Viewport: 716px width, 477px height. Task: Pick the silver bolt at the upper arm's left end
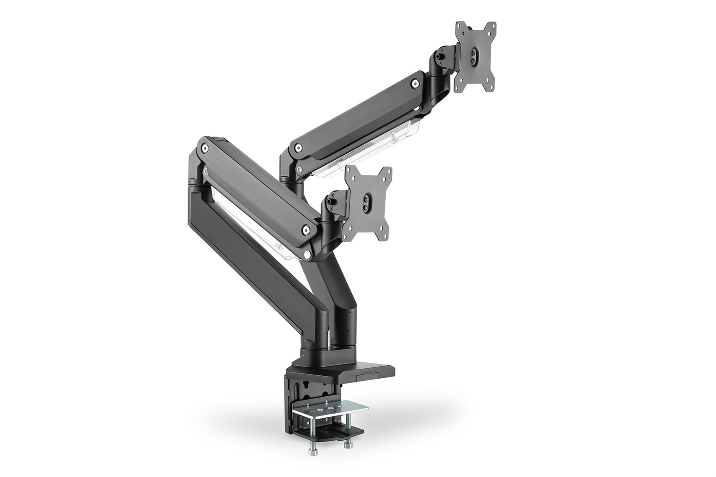coord(297,149)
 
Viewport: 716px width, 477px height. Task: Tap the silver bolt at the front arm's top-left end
coord(205,148)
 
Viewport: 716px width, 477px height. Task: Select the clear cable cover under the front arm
coord(253,224)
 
